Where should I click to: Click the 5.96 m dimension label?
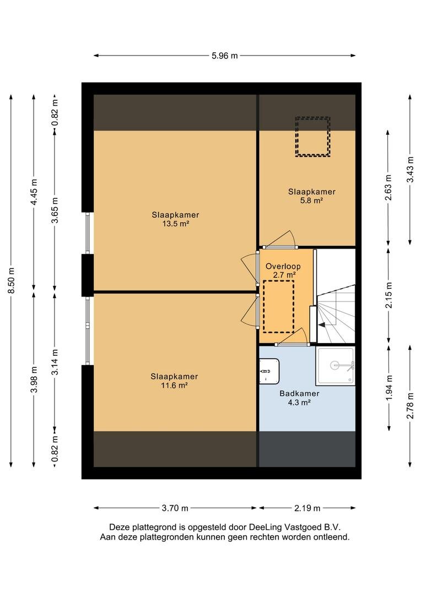point(225,56)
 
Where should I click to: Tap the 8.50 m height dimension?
point(12,280)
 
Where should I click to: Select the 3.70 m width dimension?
point(175,508)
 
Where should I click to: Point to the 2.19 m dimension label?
point(307,508)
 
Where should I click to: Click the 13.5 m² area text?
point(176,223)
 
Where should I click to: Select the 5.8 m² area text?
point(312,200)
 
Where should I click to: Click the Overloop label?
point(283,266)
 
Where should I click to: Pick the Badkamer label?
point(299,394)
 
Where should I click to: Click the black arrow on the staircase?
point(322,324)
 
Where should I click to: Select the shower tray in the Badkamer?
point(335,366)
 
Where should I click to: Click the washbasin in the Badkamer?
point(269,371)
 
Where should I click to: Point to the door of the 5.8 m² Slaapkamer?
point(280,240)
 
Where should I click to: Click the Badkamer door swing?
point(292,337)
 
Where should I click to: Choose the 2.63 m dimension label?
point(388,188)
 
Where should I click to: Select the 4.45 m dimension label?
point(34,192)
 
